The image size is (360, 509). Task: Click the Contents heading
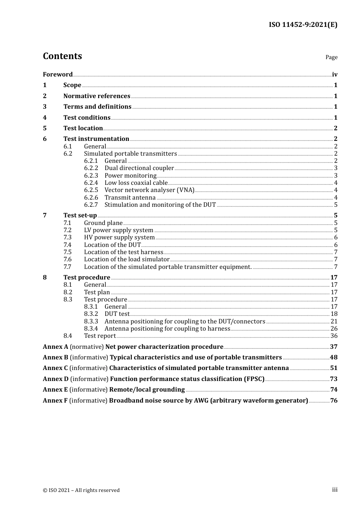(x=62, y=56)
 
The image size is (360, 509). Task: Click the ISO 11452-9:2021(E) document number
(x=303, y=25)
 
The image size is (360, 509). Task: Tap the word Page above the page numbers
(x=331, y=57)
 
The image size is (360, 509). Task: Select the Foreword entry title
(x=58, y=75)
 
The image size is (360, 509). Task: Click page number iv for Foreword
(x=335, y=75)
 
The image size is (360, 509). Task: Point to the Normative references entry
(x=97, y=96)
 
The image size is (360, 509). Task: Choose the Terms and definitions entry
(x=97, y=107)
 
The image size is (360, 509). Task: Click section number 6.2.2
(x=91, y=168)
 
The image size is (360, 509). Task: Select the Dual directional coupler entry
(x=139, y=168)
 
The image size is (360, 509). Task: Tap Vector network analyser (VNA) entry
(x=149, y=190)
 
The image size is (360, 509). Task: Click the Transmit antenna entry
(x=130, y=198)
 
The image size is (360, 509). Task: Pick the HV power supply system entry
(x=119, y=237)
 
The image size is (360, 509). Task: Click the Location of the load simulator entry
(x=127, y=259)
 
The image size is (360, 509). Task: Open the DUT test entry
(x=117, y=314)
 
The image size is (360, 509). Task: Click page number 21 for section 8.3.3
(x=334, y=322)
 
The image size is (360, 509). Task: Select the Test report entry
(x=100, y=336)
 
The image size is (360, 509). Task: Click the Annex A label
(x=55, y=347)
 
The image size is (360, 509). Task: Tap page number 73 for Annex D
(x=334, y=379)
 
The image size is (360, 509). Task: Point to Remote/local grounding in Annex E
(x=147, y=390)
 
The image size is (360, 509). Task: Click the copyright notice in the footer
(x=81, y=490)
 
